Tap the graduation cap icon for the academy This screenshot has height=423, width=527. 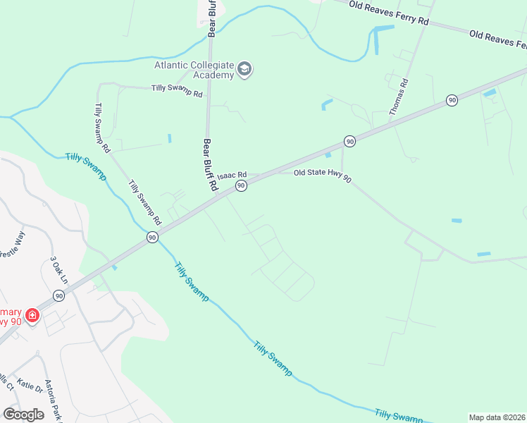point(244,68)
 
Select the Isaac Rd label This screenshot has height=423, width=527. point(232,175)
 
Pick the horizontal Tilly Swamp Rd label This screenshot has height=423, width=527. point(177,91)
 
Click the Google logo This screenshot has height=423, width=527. point(23,414)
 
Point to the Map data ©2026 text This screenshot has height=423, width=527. point(497,417)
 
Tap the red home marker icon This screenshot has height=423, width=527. point(32,315)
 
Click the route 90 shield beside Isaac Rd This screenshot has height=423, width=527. point(241,185)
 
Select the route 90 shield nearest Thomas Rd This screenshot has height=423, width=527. point(451,101)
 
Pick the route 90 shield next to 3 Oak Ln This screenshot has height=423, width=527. point(58,296)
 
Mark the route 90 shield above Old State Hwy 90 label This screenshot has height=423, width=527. point(349,142)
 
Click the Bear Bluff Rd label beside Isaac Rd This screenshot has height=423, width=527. point(209,166)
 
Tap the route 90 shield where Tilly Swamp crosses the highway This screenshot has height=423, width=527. point(151,238)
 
